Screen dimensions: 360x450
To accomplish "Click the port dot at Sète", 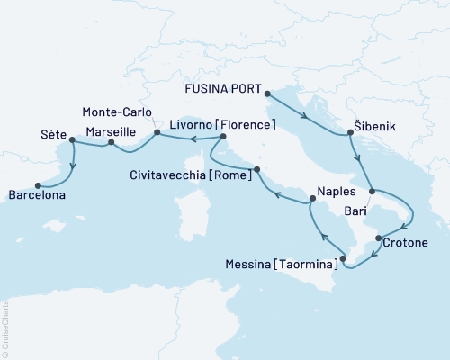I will coord(72,140).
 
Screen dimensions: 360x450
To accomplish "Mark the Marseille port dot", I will coord(111,142).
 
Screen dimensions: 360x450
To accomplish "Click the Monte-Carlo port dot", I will coord(157,133).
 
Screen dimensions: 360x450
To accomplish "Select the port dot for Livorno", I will coord(221,137).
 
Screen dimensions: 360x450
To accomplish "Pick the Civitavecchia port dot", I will coord(256,169).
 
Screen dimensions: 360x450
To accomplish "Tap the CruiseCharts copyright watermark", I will coord(6,328).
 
